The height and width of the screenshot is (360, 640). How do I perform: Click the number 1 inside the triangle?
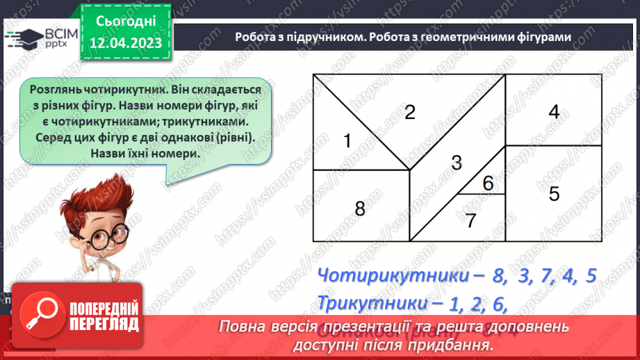pyautogui.click(x=347, y=141)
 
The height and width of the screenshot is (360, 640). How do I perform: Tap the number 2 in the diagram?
pyautogui.click(x=410, y=112)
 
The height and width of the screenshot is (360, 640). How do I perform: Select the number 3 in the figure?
pyautogui.click(x=456, y=163)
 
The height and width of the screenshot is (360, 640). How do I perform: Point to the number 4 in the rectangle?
pyautogui.click(x=554, y=111)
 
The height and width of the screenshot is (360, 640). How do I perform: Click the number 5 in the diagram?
pyautogui.click(x=554, y=193)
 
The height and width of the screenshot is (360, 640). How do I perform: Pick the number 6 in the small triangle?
pyautogui.click(x=488, y=183)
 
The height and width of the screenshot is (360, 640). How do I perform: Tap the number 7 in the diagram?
pyautogui.click(x=470, y=220)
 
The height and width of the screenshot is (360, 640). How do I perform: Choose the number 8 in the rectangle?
pyautogui.click(x=360, y=208)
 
